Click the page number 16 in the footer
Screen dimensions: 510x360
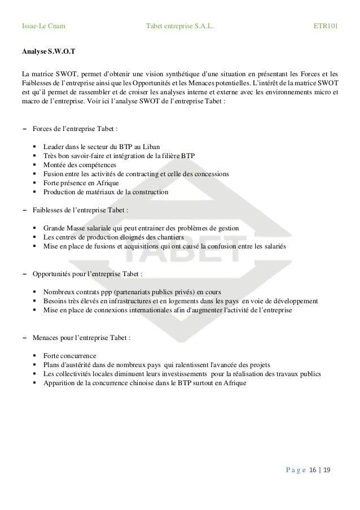(314, 470)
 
